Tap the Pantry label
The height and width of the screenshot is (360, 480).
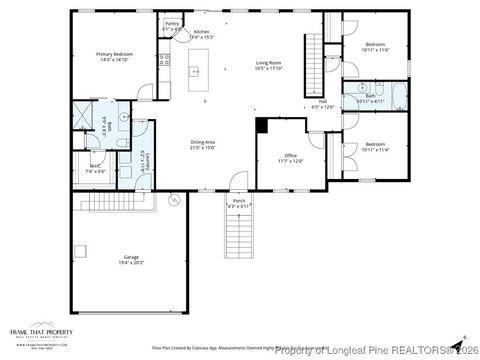(172, 22)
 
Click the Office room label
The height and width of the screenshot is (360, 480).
(291, 156)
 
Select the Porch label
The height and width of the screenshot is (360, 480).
(239, 201)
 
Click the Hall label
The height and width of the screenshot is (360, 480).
(322, 101)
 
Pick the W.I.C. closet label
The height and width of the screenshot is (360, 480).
(95, 167)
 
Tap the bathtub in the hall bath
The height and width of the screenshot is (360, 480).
(392, 98)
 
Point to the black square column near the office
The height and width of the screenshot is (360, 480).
(262, 125)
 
